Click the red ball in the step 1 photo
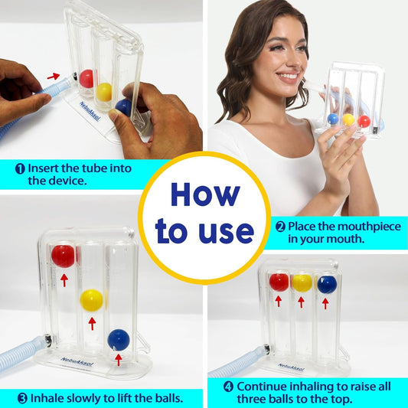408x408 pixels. tap(86, 79)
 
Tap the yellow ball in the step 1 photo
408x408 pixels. tap(104, 92)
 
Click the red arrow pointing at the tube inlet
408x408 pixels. tap(54, 76)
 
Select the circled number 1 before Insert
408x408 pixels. tap(20, 168)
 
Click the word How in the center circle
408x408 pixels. tap(205, 195)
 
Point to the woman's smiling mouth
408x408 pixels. tap(288, 77)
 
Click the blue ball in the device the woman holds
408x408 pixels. tap(333, 119)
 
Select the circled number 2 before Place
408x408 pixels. tap(280, 227)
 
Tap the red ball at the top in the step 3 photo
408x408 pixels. tap(63, 256)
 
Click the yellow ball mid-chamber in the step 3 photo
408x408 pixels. tap(91, 300)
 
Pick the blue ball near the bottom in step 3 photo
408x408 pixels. tap(119, 340)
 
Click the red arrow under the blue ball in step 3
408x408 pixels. tap(119, 360)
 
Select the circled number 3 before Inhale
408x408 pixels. tap(23, 398)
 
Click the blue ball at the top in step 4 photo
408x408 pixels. tap(327, 285)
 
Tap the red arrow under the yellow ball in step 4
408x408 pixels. tap(302, 302)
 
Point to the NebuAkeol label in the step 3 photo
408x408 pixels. tap(77, 361)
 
